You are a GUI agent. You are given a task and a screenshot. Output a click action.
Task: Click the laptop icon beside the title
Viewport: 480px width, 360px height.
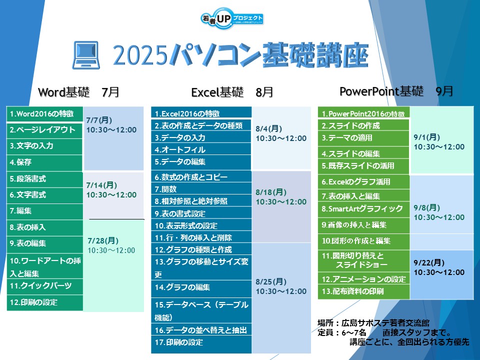86,55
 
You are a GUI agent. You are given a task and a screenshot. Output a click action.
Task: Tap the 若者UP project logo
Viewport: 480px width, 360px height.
232,18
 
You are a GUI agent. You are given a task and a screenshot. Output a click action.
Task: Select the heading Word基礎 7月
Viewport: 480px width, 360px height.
78,92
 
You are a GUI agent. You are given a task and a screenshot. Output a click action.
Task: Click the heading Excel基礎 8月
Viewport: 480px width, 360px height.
232,92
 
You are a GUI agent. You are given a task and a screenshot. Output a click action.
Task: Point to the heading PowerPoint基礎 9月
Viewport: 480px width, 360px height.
396,91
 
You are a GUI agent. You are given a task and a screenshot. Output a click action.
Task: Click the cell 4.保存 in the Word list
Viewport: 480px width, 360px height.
44,162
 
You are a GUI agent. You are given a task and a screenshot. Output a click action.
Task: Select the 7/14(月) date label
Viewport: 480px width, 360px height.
102,185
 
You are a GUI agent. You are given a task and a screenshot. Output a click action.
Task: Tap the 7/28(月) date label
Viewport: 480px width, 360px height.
103,240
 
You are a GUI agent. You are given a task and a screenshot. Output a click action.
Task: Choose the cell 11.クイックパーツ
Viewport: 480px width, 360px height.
44,286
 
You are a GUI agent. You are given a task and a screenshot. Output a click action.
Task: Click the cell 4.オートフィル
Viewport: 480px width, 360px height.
201,149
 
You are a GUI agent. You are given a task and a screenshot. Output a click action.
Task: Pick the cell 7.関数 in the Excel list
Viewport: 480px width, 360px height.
201,189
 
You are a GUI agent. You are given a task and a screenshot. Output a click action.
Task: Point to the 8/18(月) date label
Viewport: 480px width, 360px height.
271,192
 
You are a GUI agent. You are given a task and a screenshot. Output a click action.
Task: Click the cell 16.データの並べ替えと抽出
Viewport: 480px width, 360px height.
201,330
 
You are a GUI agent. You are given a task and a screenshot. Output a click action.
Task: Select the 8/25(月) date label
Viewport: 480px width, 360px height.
271,281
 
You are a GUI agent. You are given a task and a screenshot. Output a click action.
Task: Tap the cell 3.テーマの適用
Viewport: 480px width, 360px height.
363,138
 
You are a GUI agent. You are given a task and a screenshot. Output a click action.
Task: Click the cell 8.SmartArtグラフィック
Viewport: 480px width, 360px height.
363,209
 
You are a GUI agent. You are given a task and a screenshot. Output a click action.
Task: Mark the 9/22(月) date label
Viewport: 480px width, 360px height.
429,262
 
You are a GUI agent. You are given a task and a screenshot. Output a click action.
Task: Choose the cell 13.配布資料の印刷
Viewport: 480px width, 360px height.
363,291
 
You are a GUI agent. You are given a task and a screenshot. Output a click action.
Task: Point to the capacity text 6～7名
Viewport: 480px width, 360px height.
354,332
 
